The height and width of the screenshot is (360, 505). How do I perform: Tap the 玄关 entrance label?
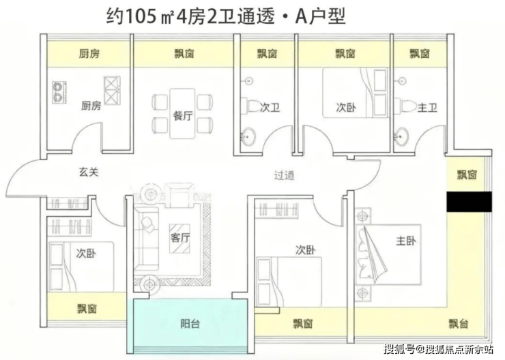click(89, 172)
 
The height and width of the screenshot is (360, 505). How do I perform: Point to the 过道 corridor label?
click(284, 175)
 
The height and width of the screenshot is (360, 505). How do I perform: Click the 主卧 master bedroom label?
click(406, 241)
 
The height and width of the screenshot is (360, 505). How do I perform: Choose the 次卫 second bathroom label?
click(271, 106)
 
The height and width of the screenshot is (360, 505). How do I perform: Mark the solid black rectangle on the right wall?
click(469, 202)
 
